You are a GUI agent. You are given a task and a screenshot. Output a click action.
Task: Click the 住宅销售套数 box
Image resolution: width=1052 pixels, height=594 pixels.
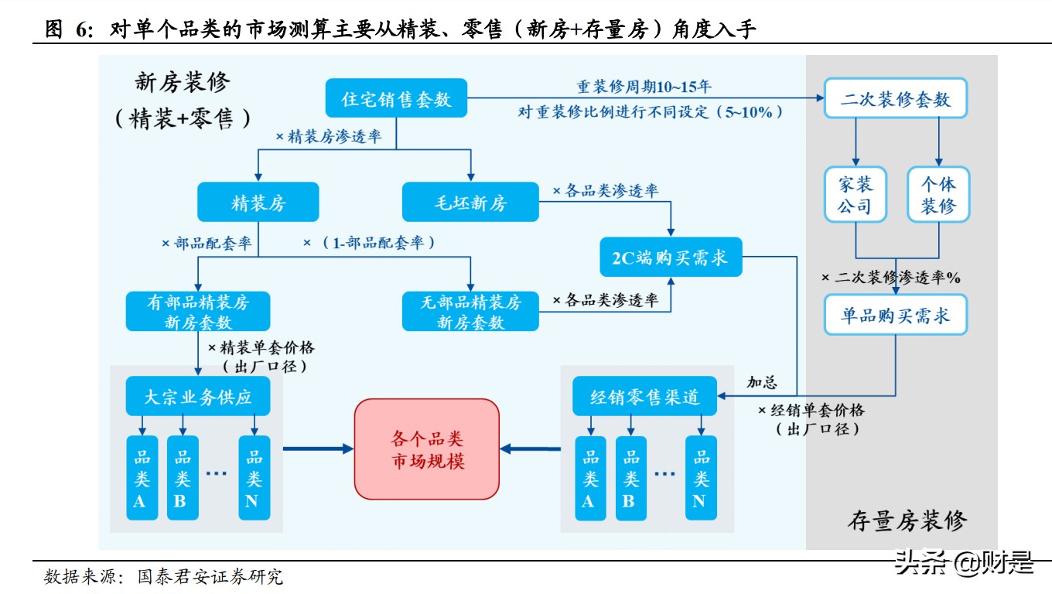pos(396,98)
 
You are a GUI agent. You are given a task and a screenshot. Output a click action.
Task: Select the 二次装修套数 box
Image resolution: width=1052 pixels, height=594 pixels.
pos(896,98)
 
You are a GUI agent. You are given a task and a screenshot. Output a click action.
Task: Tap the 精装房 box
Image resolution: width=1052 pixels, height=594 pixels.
pos(258,202)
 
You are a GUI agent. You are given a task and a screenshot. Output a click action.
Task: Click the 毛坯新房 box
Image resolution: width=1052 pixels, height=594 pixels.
pos(470,202)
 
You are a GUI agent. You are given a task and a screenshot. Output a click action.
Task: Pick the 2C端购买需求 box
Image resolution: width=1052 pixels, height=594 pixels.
pos(671,257)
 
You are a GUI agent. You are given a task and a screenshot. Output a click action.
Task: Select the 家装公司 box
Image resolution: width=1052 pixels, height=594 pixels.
pos(855,195)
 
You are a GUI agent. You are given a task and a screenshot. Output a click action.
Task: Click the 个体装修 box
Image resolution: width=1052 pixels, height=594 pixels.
pos(938,195)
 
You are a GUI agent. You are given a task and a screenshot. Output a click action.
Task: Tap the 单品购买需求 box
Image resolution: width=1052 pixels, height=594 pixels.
pos(896,316)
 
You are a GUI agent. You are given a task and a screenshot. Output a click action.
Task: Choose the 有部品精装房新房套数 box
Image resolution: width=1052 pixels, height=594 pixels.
pos(198,312)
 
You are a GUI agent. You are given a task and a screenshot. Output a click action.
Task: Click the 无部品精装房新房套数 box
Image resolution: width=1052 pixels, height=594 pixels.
pos(470,312)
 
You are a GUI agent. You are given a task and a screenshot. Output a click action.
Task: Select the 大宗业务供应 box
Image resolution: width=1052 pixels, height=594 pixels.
pos(198,398)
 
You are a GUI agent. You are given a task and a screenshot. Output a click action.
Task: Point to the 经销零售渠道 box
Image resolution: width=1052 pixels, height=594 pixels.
pos(644,398)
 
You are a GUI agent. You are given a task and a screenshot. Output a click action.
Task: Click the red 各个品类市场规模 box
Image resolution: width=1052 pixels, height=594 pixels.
pos(427,449)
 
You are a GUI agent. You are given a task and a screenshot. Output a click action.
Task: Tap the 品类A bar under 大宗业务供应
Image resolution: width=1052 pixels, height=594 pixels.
pos(142,477)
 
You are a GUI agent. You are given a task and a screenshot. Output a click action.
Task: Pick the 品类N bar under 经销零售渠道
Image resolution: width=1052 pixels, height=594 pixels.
pos(700,477)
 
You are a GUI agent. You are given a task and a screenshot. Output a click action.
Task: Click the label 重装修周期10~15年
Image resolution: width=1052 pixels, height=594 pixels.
pos(644,87)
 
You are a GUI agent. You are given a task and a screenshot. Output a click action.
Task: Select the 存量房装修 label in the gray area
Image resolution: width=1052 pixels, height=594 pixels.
pos(907,521)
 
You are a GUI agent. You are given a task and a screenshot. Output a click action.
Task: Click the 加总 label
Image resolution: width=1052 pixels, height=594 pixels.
pos(761,382)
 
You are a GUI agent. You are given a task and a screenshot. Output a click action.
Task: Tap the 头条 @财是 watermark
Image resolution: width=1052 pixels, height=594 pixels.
pos(964,564)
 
